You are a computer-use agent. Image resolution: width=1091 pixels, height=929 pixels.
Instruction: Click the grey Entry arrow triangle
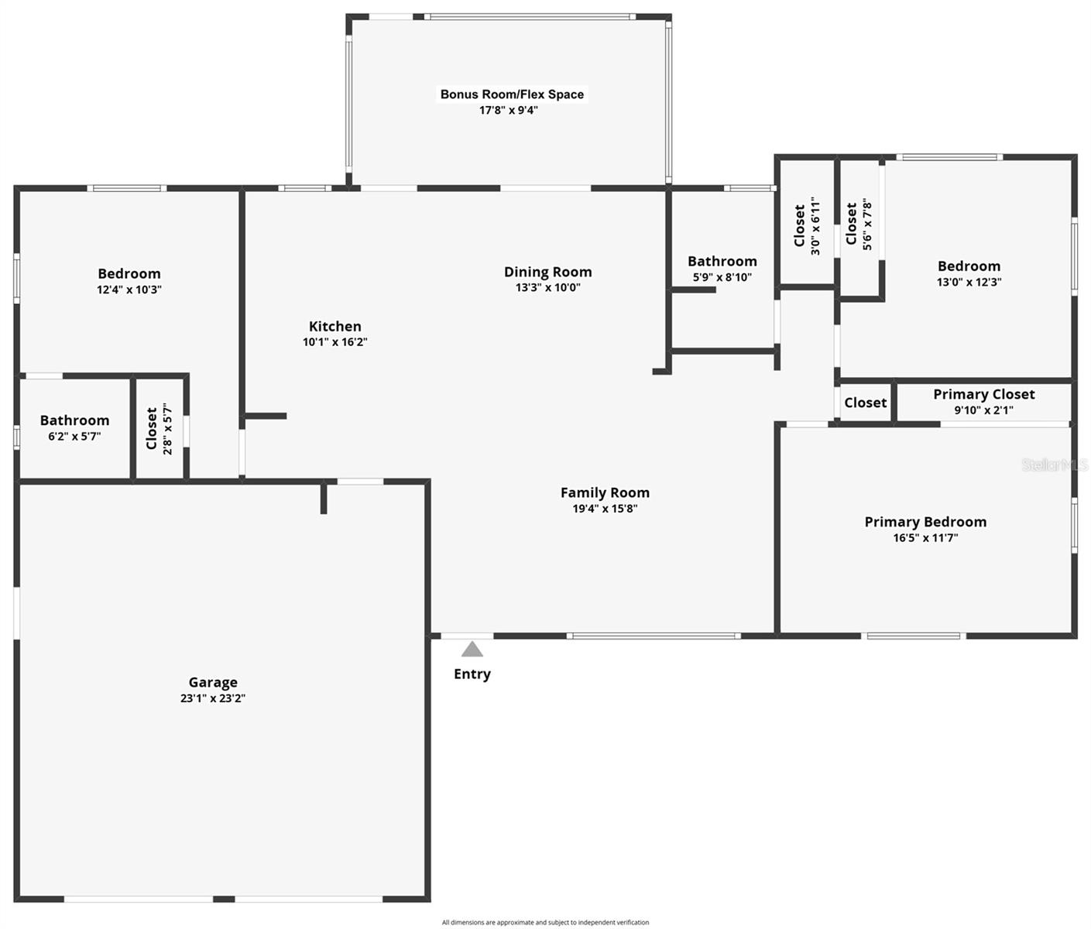point(472,649)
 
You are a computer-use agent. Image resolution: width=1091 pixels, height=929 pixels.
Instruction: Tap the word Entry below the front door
point(472,674)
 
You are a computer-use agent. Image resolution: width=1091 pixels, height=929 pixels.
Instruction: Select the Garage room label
point(213,682)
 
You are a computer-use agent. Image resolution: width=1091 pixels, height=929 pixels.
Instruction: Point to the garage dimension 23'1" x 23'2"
point(213,698)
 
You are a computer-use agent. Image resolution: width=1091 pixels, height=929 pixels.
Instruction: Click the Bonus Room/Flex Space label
point(512,94)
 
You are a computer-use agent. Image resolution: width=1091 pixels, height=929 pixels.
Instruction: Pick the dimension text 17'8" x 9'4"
point(509,111)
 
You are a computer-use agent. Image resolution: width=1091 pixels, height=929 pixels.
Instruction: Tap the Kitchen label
point(335,327)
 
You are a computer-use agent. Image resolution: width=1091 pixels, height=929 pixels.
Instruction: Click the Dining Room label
point(548,272)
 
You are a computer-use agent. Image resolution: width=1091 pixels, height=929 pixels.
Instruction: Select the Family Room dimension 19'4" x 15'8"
point(605,509)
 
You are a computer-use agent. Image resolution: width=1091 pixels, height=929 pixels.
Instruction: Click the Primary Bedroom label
point(925,522)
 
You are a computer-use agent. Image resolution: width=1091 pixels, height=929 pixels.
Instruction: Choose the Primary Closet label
point(983,394)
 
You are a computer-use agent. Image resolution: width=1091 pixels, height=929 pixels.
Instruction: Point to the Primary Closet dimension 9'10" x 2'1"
point(983,410)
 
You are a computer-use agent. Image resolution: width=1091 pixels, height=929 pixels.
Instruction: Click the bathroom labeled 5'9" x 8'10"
point(722,269)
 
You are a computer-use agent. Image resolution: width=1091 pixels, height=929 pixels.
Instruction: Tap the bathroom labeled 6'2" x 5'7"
point(74,427)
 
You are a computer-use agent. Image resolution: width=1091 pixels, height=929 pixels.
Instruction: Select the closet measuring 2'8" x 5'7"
point(160,428)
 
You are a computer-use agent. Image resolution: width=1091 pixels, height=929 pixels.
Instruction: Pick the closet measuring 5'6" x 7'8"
point(859,225)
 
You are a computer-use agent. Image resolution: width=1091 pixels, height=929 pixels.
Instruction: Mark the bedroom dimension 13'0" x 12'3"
point(969,283)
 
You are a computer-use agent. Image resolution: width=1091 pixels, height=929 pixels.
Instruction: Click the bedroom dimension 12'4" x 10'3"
point(129,290)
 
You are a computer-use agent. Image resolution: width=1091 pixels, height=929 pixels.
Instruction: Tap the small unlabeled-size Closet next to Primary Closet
point(866,403)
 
